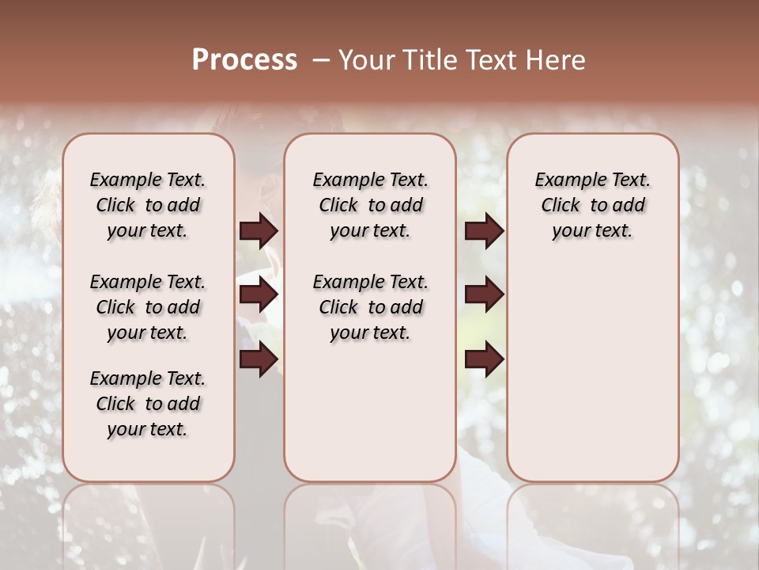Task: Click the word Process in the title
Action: (244, 60)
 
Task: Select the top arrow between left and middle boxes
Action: (259, 231)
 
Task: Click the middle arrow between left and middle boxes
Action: (259, 295)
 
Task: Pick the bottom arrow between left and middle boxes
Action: (259, 359)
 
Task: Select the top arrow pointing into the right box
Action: (484, 231)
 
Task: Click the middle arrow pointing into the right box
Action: (484, 295)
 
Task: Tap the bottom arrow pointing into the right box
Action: (484, 359)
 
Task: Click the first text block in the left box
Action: (148, 205)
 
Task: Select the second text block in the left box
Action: (148, 307)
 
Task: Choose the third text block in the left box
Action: (148, 404)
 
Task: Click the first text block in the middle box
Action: (370, 205)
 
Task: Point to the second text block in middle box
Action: (370, 307)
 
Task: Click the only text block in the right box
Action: (592, 205)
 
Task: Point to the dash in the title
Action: (320, 60)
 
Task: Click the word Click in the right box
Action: (561, 206)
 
